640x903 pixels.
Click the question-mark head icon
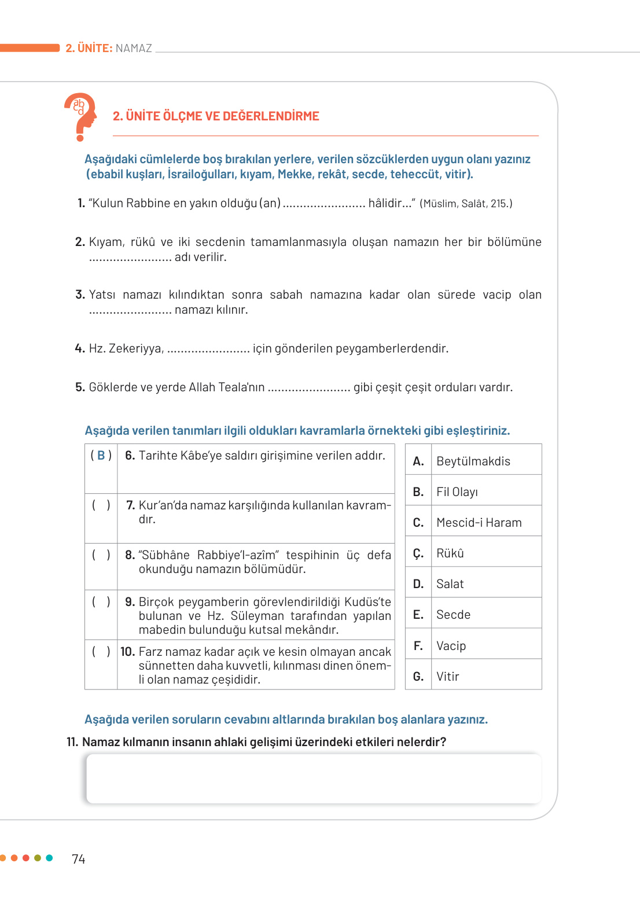(x=80, y=116)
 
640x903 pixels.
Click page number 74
(x=78, y=859)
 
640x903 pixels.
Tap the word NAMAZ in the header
(x=134, y=48)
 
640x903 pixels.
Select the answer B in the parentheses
(x=101, y=456)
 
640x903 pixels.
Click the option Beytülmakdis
(x=473, y=461)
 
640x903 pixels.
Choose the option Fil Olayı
(x=457, y=492)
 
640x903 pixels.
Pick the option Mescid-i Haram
(x=479, y=523)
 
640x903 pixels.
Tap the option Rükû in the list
(x=450, y=553)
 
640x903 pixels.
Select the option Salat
(x=450, y=584)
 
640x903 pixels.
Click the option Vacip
(x=451, y=646)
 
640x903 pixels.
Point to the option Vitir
(x=447, y=677)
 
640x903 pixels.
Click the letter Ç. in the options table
(x=418, y=554)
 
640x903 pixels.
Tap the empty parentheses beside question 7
(x=101, y=505)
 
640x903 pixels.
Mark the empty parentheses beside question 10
(x=101, y=652)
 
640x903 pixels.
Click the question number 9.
(x=130, y=602)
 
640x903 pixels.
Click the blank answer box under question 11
(x=313, y=779)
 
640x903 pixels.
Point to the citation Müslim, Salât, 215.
(x=466, y=204)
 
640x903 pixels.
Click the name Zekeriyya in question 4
(x=135, y=348)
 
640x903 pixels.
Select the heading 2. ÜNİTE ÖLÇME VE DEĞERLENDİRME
(x=216, y=116)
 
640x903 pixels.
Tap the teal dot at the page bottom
(x=49, y=858)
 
